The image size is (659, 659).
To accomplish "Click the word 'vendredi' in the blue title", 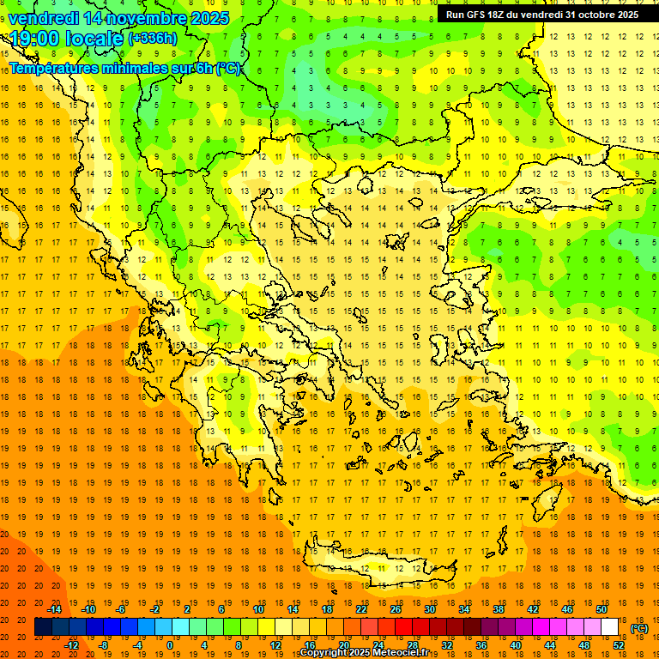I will coord(45,17).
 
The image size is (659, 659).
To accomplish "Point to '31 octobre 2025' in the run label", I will coord(602,15).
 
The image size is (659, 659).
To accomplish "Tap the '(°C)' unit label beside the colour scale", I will coord(639,628).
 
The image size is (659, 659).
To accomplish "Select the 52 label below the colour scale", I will coord(618,645).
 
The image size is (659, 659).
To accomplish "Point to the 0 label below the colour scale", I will coord(170,645).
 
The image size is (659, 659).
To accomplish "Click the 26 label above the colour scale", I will coord(395,609).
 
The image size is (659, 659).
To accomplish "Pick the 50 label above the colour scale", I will coord(601,609).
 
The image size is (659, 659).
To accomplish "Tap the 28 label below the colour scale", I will coord(412,645).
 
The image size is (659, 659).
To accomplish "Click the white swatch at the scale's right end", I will coord(610,627).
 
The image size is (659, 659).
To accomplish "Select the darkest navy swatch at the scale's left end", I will coord(44,627).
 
